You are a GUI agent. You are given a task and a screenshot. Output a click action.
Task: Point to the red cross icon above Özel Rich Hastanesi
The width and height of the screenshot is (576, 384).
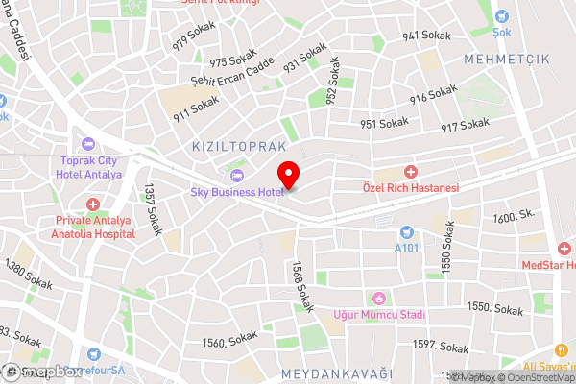tap(411, 171)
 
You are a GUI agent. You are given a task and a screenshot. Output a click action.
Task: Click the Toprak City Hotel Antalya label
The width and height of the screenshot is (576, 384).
tap(91, 168)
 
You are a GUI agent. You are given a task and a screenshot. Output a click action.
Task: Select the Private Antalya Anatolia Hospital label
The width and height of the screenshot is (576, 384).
tap(94, 226)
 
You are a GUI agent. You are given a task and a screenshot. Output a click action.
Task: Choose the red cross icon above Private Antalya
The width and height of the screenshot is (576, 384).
tap(94, 204)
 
